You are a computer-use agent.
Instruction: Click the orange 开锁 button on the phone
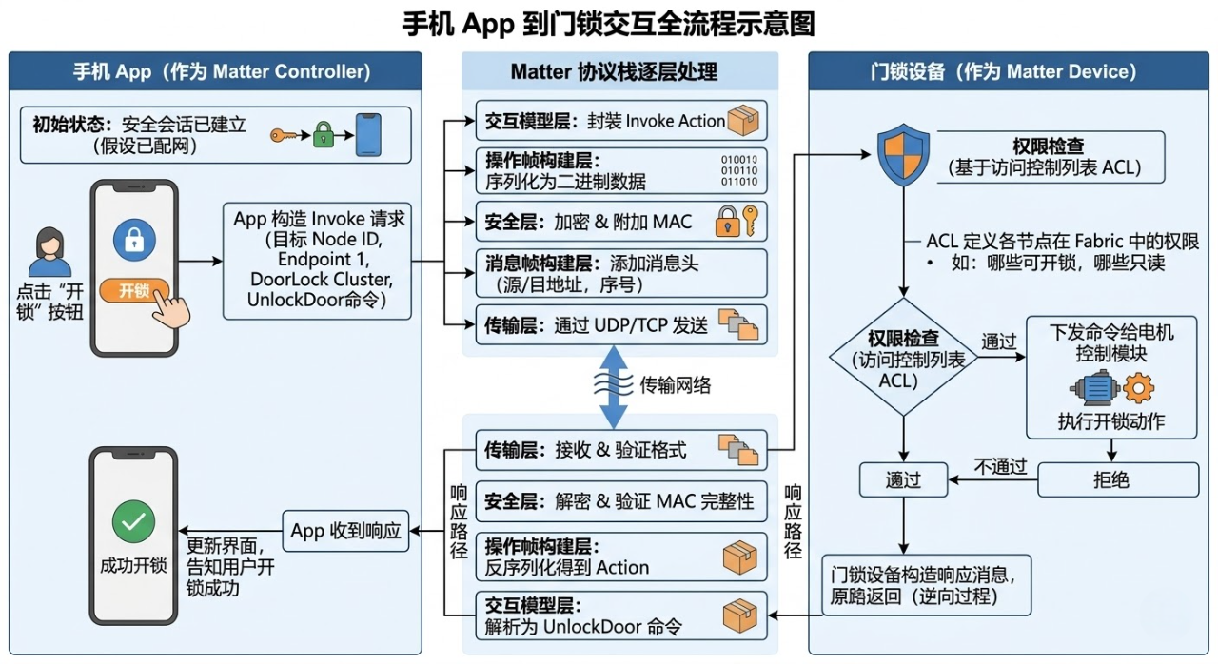pos(134,290)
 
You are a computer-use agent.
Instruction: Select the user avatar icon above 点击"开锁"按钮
pos(49,252)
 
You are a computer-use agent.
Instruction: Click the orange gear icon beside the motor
pos(1137,388)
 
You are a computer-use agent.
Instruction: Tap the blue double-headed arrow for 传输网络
pos(614,387)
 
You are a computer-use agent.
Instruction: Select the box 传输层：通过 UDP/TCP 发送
pos(620,325)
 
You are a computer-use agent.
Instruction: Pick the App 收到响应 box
pos(345,531)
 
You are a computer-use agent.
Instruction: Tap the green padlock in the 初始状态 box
pos(324,134)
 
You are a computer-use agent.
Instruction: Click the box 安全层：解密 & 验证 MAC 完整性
pos(620,500)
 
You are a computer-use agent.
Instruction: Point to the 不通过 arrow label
pos(1000,466)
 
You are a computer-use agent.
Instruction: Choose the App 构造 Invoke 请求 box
pos(319,260)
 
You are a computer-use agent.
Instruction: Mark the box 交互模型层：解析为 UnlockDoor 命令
pos(620,615)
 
